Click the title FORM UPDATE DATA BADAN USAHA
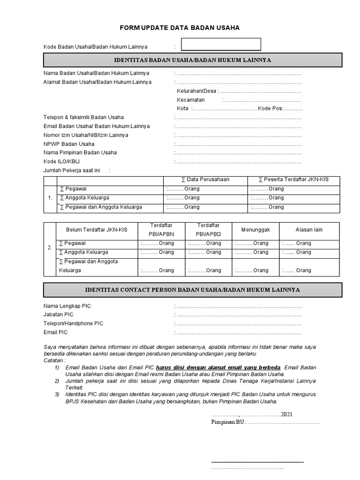[x=180, y=28]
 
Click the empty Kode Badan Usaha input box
[x=221, y=45]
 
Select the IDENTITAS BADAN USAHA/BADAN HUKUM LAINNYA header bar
[x=193, y=60]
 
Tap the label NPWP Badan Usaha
[x=69, y=144]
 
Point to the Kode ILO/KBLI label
[x=62, y=162]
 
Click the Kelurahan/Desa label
[x=196, y=91]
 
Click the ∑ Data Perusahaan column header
[x=205, y=180]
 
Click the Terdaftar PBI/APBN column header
[x=162, y=230]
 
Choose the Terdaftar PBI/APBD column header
[x=208, y=230]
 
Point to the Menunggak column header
[x=255, y=230]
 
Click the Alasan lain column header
[x=309, y=230]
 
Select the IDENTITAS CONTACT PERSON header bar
[x=193, y=290]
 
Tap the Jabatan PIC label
[x=59, y=315]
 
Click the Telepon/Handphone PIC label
[x=73, y=323]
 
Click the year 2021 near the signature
[x=287, y=414]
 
